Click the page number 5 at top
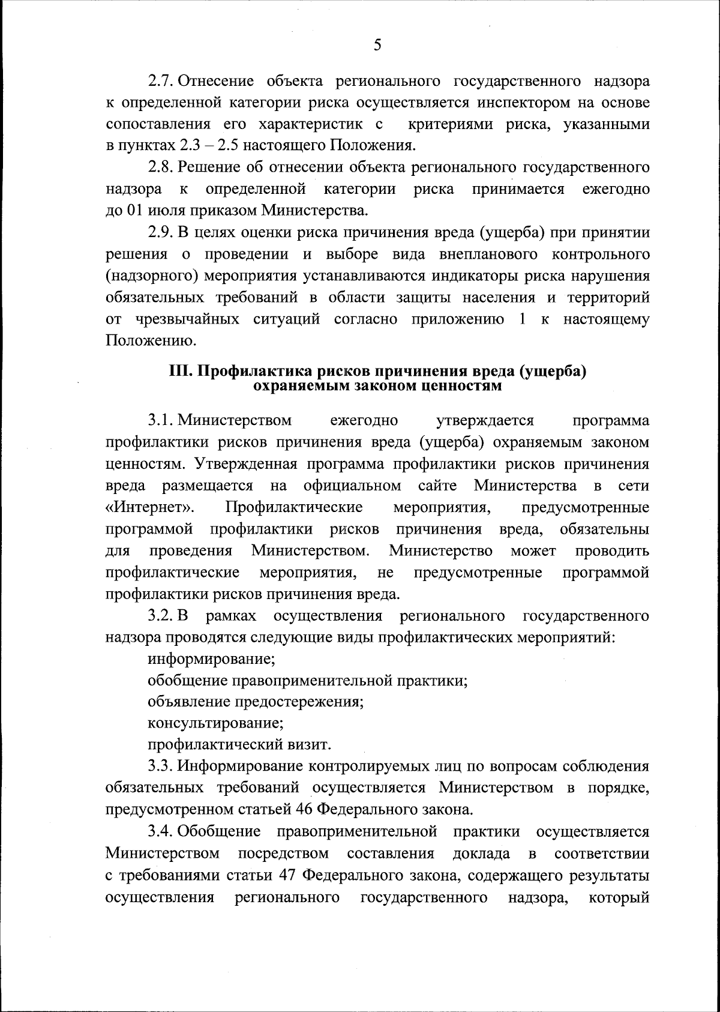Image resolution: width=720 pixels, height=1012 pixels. coord(377,45)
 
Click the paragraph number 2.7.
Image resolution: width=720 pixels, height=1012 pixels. coord(161,81)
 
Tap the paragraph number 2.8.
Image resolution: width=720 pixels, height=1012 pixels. coord(161,167)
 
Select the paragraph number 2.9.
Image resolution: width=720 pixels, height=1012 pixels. coord(161,233)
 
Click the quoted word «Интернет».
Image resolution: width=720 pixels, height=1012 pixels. coord(150,508)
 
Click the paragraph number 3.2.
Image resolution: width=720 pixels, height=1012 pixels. coord(161,616)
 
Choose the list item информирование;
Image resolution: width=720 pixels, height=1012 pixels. coord(211,660)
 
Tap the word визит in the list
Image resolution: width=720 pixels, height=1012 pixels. coord(310,745)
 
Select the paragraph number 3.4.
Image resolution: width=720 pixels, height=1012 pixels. coord(161,832)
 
